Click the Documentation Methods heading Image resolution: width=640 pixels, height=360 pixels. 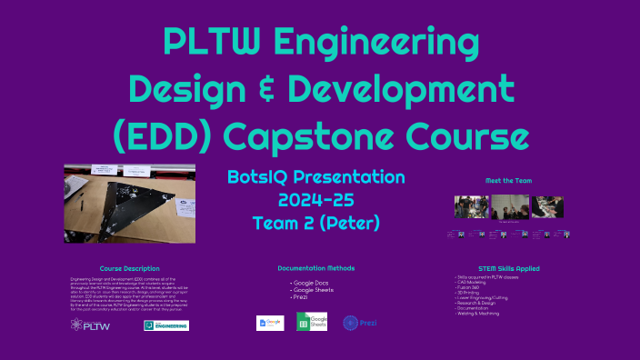pos(315,269)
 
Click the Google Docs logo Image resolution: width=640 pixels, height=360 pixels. pos(270,322)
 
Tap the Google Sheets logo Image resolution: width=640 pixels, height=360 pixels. pos(311,321)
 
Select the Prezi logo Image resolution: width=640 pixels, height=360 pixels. pos(356,322)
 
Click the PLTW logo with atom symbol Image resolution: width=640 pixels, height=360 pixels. pos(91,325)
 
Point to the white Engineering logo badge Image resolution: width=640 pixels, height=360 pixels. pos(165,325)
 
